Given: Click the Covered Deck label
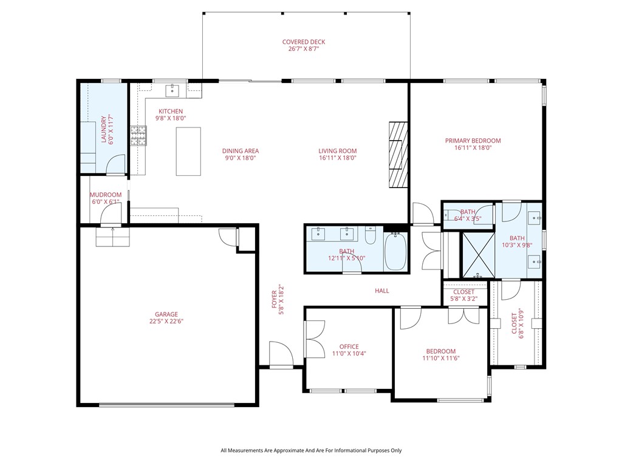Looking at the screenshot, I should (x=304, y=42).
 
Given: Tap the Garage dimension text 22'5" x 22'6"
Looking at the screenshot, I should (x=166, y=322).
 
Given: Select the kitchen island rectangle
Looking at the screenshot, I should (x=188, y=151).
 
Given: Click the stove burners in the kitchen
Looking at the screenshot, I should (x=138, y=136).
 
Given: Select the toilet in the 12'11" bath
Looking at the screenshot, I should (x=371, y=234).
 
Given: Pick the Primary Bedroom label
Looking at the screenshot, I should (x=473, y=141).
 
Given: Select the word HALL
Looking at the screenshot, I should (x=382, y=291).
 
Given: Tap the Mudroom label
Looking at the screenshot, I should (x=106, y=195).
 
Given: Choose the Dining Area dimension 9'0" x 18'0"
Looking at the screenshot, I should (x=241, y=158).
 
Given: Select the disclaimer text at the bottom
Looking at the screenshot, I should (x=311, y=450).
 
